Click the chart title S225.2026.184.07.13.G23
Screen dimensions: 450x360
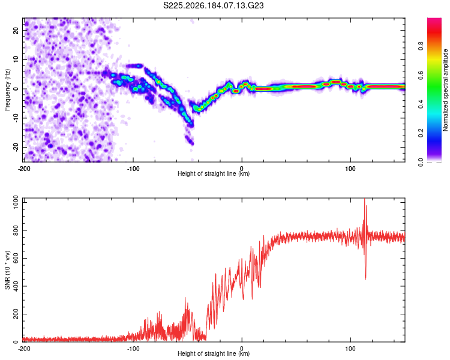[213, 5]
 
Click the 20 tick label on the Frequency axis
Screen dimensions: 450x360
[16, 31]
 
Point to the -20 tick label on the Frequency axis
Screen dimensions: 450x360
[16, 147]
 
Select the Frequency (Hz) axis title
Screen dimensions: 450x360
[7, 90]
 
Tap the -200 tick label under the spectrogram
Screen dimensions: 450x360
[24, 169]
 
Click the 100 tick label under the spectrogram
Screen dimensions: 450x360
[350, 169]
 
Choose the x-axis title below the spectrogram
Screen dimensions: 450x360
[214, 173]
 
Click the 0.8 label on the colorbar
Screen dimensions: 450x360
[421, 46]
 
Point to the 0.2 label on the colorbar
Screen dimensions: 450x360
[421, 133]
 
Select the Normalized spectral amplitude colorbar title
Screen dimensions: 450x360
[445, 90]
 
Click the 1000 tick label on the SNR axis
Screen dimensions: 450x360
[16, 202]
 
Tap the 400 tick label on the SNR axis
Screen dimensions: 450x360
[16, 286]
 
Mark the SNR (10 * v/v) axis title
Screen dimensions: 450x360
[7, 270]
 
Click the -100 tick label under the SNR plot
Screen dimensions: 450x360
[133, 349]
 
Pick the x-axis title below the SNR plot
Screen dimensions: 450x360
[214, 353]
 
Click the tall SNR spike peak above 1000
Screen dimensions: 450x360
[364, 199]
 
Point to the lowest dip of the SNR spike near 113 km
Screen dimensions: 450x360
[365, 280]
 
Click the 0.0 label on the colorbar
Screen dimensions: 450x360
[421, 162]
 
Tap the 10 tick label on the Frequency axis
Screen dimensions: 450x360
[16, 59]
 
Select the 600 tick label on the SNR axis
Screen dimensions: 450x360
[16, 258]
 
